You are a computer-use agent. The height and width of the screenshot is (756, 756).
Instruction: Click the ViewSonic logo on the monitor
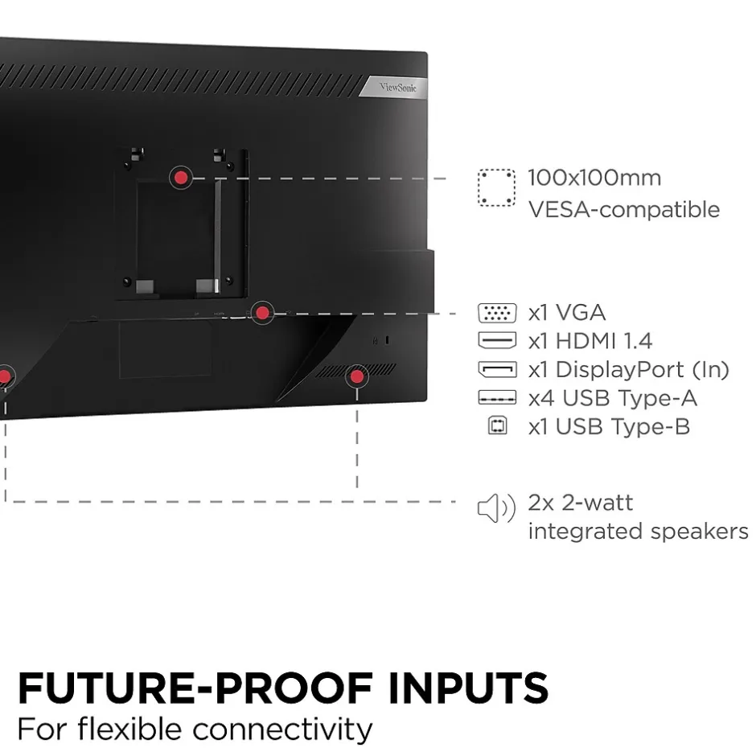tap(399, 86)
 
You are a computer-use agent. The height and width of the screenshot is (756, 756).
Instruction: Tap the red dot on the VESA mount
tap(181, 178)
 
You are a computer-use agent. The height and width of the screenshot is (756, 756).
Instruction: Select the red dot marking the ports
tap(261, 313)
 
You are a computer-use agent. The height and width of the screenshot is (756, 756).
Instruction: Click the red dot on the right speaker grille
tap(356, 376)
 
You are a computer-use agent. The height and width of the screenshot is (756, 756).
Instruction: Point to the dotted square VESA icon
tap(496, 188)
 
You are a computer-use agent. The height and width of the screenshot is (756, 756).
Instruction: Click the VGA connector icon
tap(496, 313)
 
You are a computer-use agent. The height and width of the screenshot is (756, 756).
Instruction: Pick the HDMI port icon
tap(496, 340)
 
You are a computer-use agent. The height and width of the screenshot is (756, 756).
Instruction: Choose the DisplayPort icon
tap(496, 369)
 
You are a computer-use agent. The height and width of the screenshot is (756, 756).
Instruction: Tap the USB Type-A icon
tap(496, 398)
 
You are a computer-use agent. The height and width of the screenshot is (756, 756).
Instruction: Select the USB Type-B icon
tap(498, 426)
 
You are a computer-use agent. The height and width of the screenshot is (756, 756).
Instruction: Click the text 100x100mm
tap(594, 178)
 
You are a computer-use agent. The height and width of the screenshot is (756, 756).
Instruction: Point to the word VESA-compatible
tap(623, 210)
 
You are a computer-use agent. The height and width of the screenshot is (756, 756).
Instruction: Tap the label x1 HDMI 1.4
tap(590, 341)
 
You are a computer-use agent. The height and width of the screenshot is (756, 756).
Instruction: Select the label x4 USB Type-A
tap(612, 398)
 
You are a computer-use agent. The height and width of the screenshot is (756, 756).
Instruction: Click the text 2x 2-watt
tap(580, 503)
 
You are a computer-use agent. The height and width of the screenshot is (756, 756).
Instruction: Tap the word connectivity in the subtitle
tap(282, 729)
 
